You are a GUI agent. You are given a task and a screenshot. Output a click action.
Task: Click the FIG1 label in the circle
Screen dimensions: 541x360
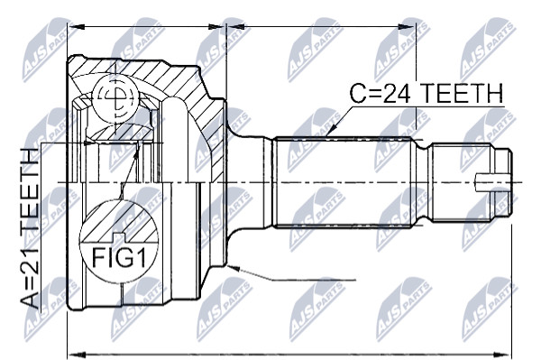pyautogui.click(x=119, y=257)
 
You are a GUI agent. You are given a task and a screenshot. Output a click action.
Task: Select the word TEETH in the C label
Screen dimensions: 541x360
pyautogui.click(x=463, y=93)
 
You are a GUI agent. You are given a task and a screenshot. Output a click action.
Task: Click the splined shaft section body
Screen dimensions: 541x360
pyautogui.click(x=344, y=182)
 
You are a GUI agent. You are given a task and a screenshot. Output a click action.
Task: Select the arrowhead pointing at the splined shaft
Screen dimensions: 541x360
pyautogui.click(x=332, y=129)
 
